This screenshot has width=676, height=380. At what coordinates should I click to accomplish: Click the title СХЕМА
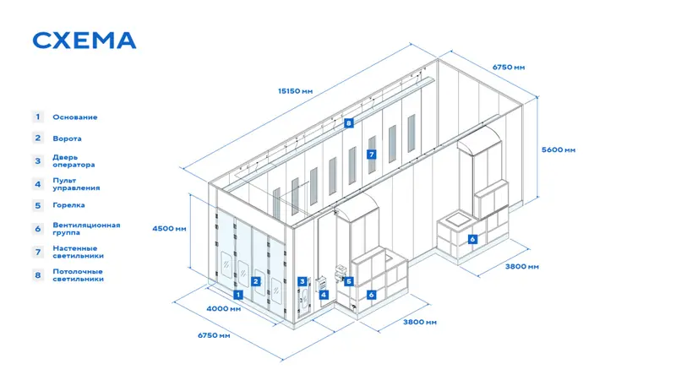[84, 41]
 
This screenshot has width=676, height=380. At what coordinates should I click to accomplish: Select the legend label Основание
[75, 117]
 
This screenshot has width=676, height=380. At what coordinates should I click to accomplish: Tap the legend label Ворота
[67, 138]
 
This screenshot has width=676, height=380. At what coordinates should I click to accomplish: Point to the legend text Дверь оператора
[74, 161]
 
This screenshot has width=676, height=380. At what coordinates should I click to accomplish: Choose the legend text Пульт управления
[76, 184]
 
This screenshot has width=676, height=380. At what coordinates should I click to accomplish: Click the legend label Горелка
[68, 205]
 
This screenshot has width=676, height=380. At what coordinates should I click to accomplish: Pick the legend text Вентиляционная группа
[86, 229]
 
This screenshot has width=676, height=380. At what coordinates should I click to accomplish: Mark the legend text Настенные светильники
[78, 252]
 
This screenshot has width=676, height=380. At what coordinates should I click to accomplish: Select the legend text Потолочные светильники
[78, 275]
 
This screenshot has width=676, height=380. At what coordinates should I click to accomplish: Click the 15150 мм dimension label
[295, 91]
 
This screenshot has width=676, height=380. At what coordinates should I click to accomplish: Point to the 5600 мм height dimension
[559, 150]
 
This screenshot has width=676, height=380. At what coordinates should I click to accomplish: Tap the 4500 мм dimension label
[169, 228]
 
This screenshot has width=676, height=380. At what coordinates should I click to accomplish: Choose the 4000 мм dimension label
[223, 308]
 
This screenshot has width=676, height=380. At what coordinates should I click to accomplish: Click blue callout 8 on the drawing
[348, 123]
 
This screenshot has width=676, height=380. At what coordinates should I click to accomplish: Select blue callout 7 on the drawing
[371, 155]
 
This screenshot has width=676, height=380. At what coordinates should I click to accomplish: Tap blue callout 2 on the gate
[256, 281]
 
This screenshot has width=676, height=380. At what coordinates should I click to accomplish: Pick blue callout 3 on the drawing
[303, 281]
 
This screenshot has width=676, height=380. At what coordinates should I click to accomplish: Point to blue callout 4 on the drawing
[324, 295]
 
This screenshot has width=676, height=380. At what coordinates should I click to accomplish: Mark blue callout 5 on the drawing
[348, 281]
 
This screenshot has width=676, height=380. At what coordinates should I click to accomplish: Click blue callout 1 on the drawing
[238, 295]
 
